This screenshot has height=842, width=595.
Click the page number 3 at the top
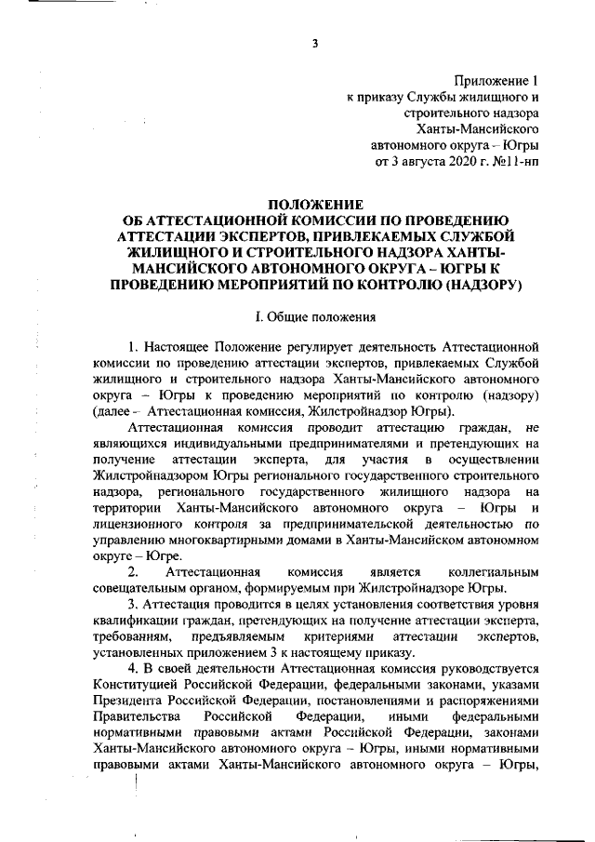[316, 43]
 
